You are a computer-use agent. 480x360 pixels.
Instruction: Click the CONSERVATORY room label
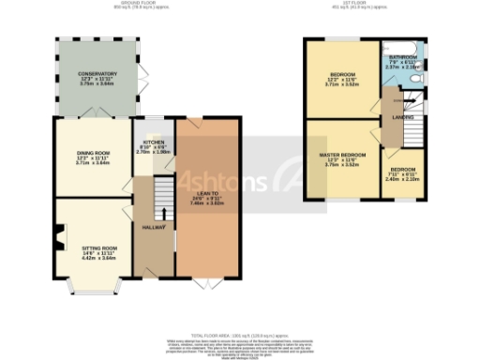[x=97, y=74]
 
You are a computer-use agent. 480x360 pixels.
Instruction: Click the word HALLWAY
[x=154, y=228]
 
